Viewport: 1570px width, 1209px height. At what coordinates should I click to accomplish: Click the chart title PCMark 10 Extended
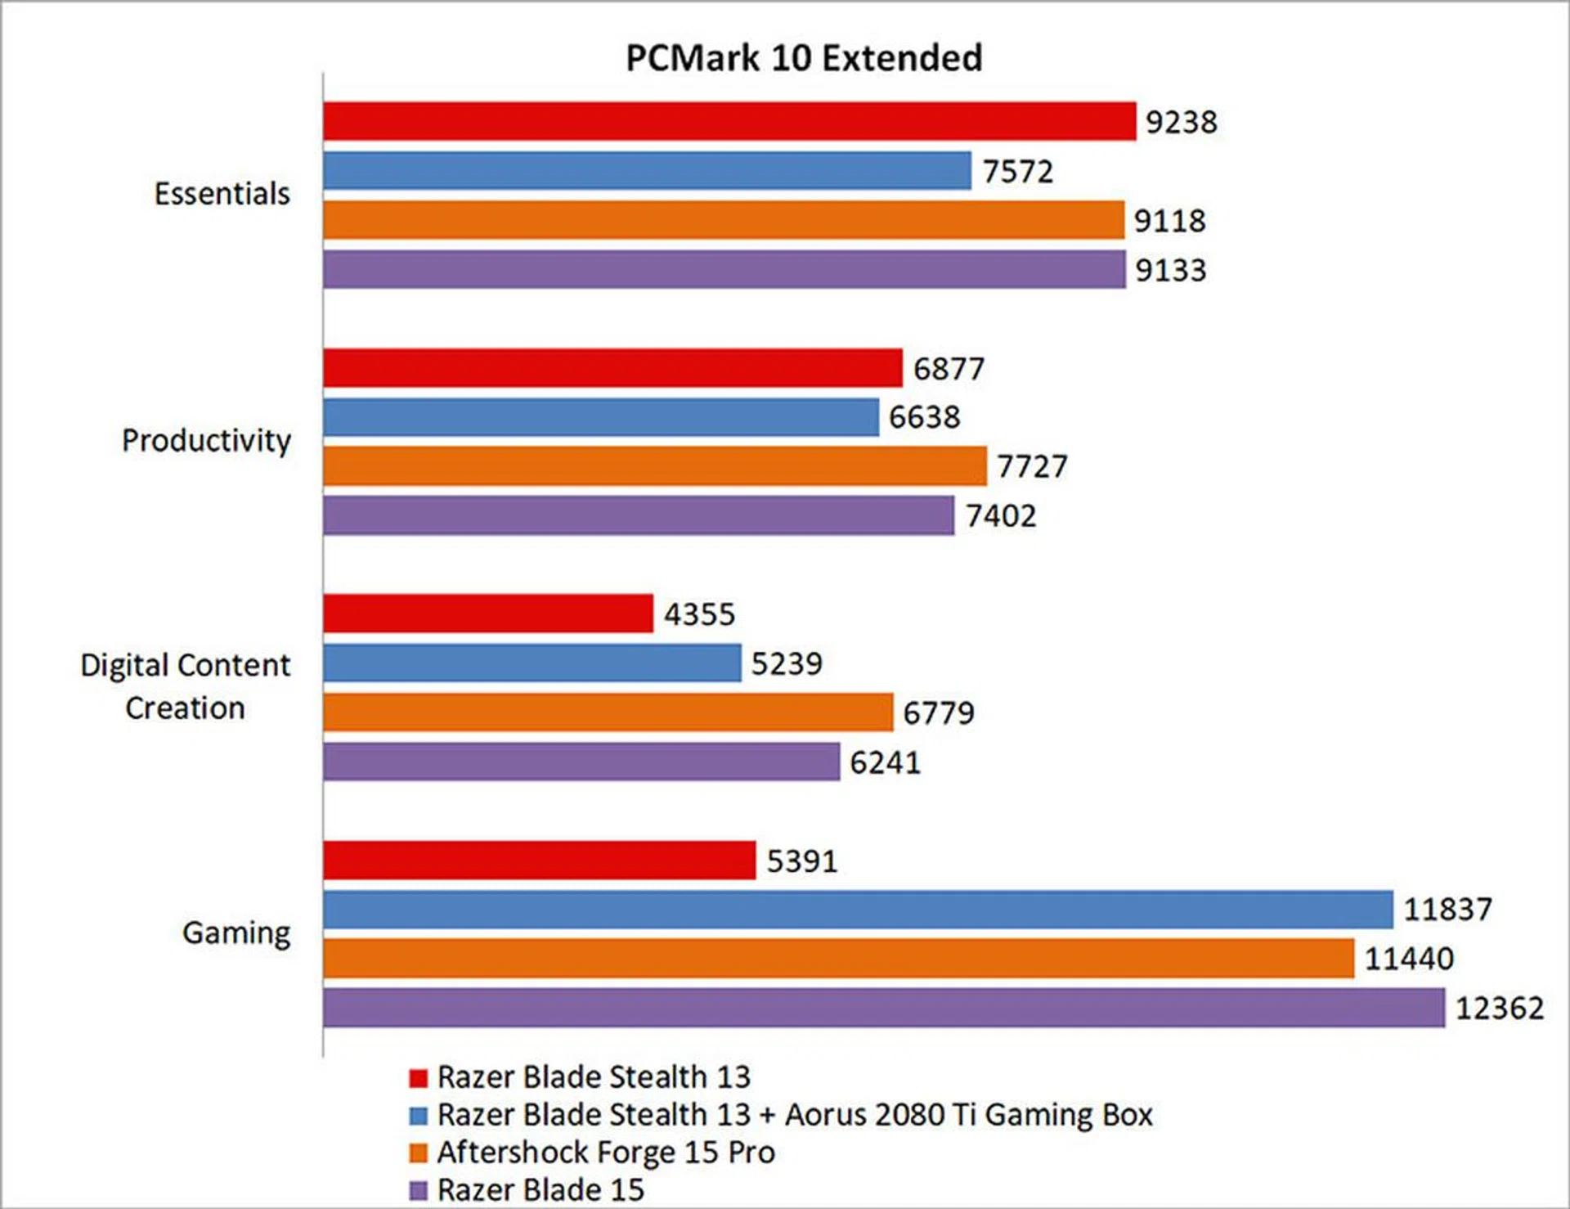(804, 58)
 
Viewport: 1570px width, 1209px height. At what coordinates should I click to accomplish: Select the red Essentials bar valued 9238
(729, 121)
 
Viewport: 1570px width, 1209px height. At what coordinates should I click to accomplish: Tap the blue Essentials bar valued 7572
(647, 170)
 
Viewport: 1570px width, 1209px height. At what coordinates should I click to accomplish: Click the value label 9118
(1169, 221)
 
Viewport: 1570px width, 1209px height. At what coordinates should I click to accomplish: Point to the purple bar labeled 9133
(724, 269)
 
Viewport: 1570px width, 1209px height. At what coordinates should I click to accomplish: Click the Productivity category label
(206, 440)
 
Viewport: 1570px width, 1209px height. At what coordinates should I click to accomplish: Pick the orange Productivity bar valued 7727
(654, 465)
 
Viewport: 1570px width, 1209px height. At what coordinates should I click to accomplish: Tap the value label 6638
(924, 417)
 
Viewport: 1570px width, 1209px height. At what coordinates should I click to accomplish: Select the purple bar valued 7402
(638, 515)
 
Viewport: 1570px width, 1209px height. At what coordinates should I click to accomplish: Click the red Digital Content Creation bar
(488, 613)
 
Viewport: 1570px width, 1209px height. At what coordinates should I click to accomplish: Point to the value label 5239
(787, 663)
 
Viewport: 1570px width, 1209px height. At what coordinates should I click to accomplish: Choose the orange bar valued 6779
(608, 712)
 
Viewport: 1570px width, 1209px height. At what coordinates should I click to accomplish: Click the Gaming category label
(236, 933)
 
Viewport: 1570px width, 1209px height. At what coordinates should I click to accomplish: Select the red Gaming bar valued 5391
(539, 861)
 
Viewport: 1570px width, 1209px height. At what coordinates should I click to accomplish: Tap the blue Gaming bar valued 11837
(857, 910)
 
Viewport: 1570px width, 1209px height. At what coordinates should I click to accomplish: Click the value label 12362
(1500, 1008)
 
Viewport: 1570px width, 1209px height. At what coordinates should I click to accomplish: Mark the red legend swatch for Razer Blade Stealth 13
(419, 1078)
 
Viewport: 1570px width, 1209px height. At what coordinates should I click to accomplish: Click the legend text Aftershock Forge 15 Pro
(606, 1152)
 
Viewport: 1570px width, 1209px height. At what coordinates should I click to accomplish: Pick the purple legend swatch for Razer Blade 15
(419, 1190)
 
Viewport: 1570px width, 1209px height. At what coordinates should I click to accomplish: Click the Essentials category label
(222, 194)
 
